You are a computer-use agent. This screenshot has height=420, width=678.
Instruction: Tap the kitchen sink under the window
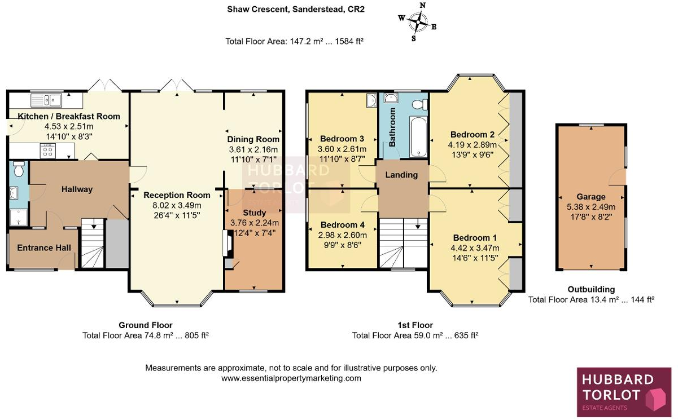46,100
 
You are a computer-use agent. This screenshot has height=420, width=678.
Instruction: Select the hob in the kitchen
48,151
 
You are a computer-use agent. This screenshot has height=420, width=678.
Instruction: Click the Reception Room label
177,195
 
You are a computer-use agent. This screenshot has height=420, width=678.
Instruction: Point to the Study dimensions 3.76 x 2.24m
255,223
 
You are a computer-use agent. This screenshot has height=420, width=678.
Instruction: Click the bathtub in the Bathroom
418,137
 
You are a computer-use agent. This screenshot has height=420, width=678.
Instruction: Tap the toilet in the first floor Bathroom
419,104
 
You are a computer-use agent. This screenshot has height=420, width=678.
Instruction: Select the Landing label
401,175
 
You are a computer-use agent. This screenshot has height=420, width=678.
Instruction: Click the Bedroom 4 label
343,225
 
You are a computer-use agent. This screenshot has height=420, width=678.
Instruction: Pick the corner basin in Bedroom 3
371,100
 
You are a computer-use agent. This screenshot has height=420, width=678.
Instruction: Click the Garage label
591,197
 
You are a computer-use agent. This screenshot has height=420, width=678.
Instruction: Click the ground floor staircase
93,243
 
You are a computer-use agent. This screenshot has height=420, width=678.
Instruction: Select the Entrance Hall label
44,247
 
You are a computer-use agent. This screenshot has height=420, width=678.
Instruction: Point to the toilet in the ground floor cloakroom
19,169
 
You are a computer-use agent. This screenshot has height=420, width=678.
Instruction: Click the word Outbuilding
591,289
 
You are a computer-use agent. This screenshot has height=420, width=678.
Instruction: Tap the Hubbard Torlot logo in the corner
624,392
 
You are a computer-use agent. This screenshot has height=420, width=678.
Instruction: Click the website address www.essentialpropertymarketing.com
291,378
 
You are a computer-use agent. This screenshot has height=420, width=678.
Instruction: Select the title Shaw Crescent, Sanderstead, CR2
296,10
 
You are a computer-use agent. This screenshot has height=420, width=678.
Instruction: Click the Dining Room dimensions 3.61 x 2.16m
253,149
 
